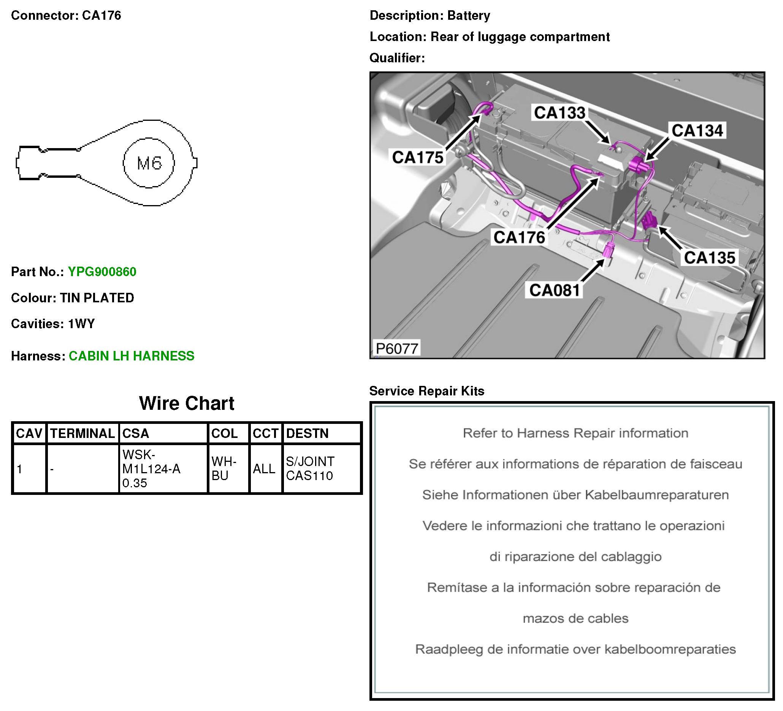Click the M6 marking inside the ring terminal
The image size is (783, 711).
coord(149,163)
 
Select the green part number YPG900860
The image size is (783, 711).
coord(102,272)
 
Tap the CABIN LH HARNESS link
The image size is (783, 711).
coord(131,356)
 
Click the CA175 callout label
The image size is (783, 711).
coord(417,157)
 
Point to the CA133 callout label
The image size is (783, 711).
coord(559,112)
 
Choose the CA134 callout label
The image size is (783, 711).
coord(697,130)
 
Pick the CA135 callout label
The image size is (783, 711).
coord(709,258)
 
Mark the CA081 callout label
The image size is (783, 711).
coord(554,290)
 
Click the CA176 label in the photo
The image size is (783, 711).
coord(519,237)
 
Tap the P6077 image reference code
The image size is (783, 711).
coord(396,349)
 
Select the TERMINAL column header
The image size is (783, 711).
coord(82,433)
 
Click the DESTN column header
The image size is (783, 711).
coord(307,433)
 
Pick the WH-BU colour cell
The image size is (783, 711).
coord(224,468)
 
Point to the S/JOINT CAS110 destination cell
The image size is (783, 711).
coord(309,468)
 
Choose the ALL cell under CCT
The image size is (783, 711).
coord(264,469)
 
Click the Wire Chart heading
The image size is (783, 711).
coord(186,403)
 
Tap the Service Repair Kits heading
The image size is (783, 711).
coord(426,391)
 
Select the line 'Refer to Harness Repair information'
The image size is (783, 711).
coord(575,433)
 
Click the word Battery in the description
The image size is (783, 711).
coord(468,16)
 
